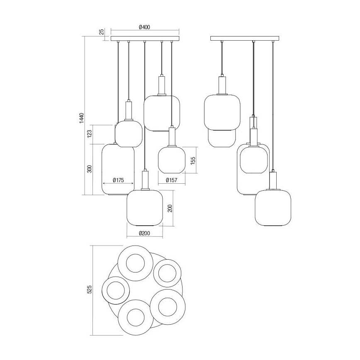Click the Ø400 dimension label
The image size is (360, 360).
[144, 27]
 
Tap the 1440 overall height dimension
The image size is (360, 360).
[82, 118]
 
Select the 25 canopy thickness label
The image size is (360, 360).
[102, 32]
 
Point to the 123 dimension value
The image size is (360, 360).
[90, 134]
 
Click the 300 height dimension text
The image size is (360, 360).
[90, 169]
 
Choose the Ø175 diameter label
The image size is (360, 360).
[118, 180]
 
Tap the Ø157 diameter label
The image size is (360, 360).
[172, 180]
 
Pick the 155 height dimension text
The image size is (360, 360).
[193, 160]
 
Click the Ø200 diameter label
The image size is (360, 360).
[144, 233]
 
